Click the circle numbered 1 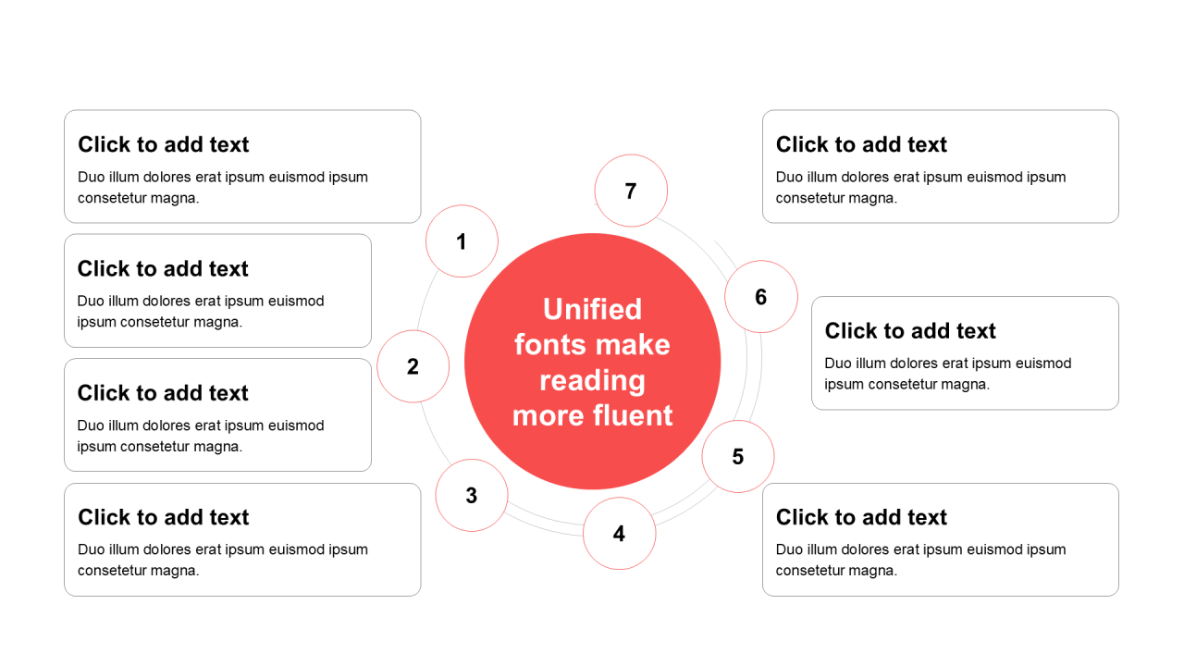click(x=462, y=241)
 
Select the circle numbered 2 click(x=413, y=366)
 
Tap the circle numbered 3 click(x=472, y=495)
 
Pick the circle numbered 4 click(x=620, y=534)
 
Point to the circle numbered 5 click(x=738, y=457)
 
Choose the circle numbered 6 click(x=761, y=297)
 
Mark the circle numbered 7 click(x=631, y=191)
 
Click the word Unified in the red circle click(x=593, y=309)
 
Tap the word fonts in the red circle click(x=549, y=345)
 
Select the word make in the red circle click(x=632, y=345)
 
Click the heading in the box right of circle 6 click(x=910, y=331)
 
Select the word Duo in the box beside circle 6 click(x=838, y=364)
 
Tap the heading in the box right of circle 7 click(x=861, y=144)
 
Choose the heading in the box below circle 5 click(x=861, y=517)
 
